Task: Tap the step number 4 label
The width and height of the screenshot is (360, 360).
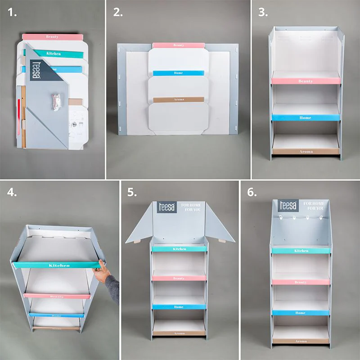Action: click(x=13, y=193)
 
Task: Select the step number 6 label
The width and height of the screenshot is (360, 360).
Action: click(x=252, y=193)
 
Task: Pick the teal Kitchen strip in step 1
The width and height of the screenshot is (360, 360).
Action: click(x=53, y=53)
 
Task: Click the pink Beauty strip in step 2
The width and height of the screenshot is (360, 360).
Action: click(x=178, y=45)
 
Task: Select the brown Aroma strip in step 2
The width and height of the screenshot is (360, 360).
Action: click(x=178, y=99)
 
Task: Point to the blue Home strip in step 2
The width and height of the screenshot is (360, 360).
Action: click(x=178, y=73)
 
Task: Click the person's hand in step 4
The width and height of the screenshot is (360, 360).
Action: click(x=102, y=271)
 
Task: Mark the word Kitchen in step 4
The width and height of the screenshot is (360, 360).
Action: click(x=59, y=265)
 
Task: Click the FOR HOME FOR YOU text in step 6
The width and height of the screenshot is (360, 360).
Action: click(x=315, y=207)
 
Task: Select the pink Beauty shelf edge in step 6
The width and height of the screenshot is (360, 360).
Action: click(x=301, y=282)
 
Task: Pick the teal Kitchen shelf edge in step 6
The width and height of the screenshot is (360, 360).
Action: click(x=301, y=251)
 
